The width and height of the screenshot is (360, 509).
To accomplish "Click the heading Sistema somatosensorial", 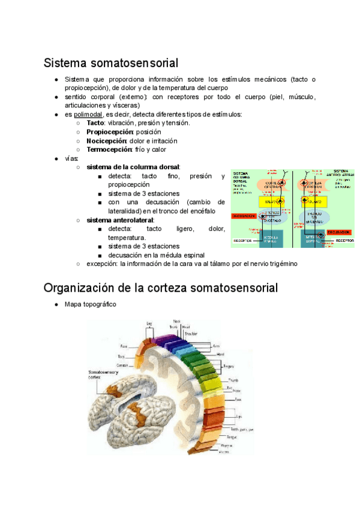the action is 111,62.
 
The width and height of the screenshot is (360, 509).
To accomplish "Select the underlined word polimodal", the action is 88,114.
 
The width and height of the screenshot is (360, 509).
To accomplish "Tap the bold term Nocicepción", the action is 106,140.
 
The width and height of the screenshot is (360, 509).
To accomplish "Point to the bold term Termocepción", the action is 109,149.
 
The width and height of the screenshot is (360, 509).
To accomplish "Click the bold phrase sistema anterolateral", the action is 120,220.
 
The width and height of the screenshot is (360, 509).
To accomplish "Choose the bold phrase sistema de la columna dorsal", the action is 133,167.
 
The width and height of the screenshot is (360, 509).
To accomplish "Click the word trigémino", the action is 280,264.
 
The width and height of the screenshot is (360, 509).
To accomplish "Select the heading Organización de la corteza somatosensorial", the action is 161,288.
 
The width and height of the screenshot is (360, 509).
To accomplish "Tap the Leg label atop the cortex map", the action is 149,324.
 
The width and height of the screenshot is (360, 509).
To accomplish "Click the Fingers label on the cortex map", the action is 228,366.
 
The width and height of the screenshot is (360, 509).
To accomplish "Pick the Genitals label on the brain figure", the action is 122,365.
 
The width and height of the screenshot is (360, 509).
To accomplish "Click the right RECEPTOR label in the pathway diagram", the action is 344,240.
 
